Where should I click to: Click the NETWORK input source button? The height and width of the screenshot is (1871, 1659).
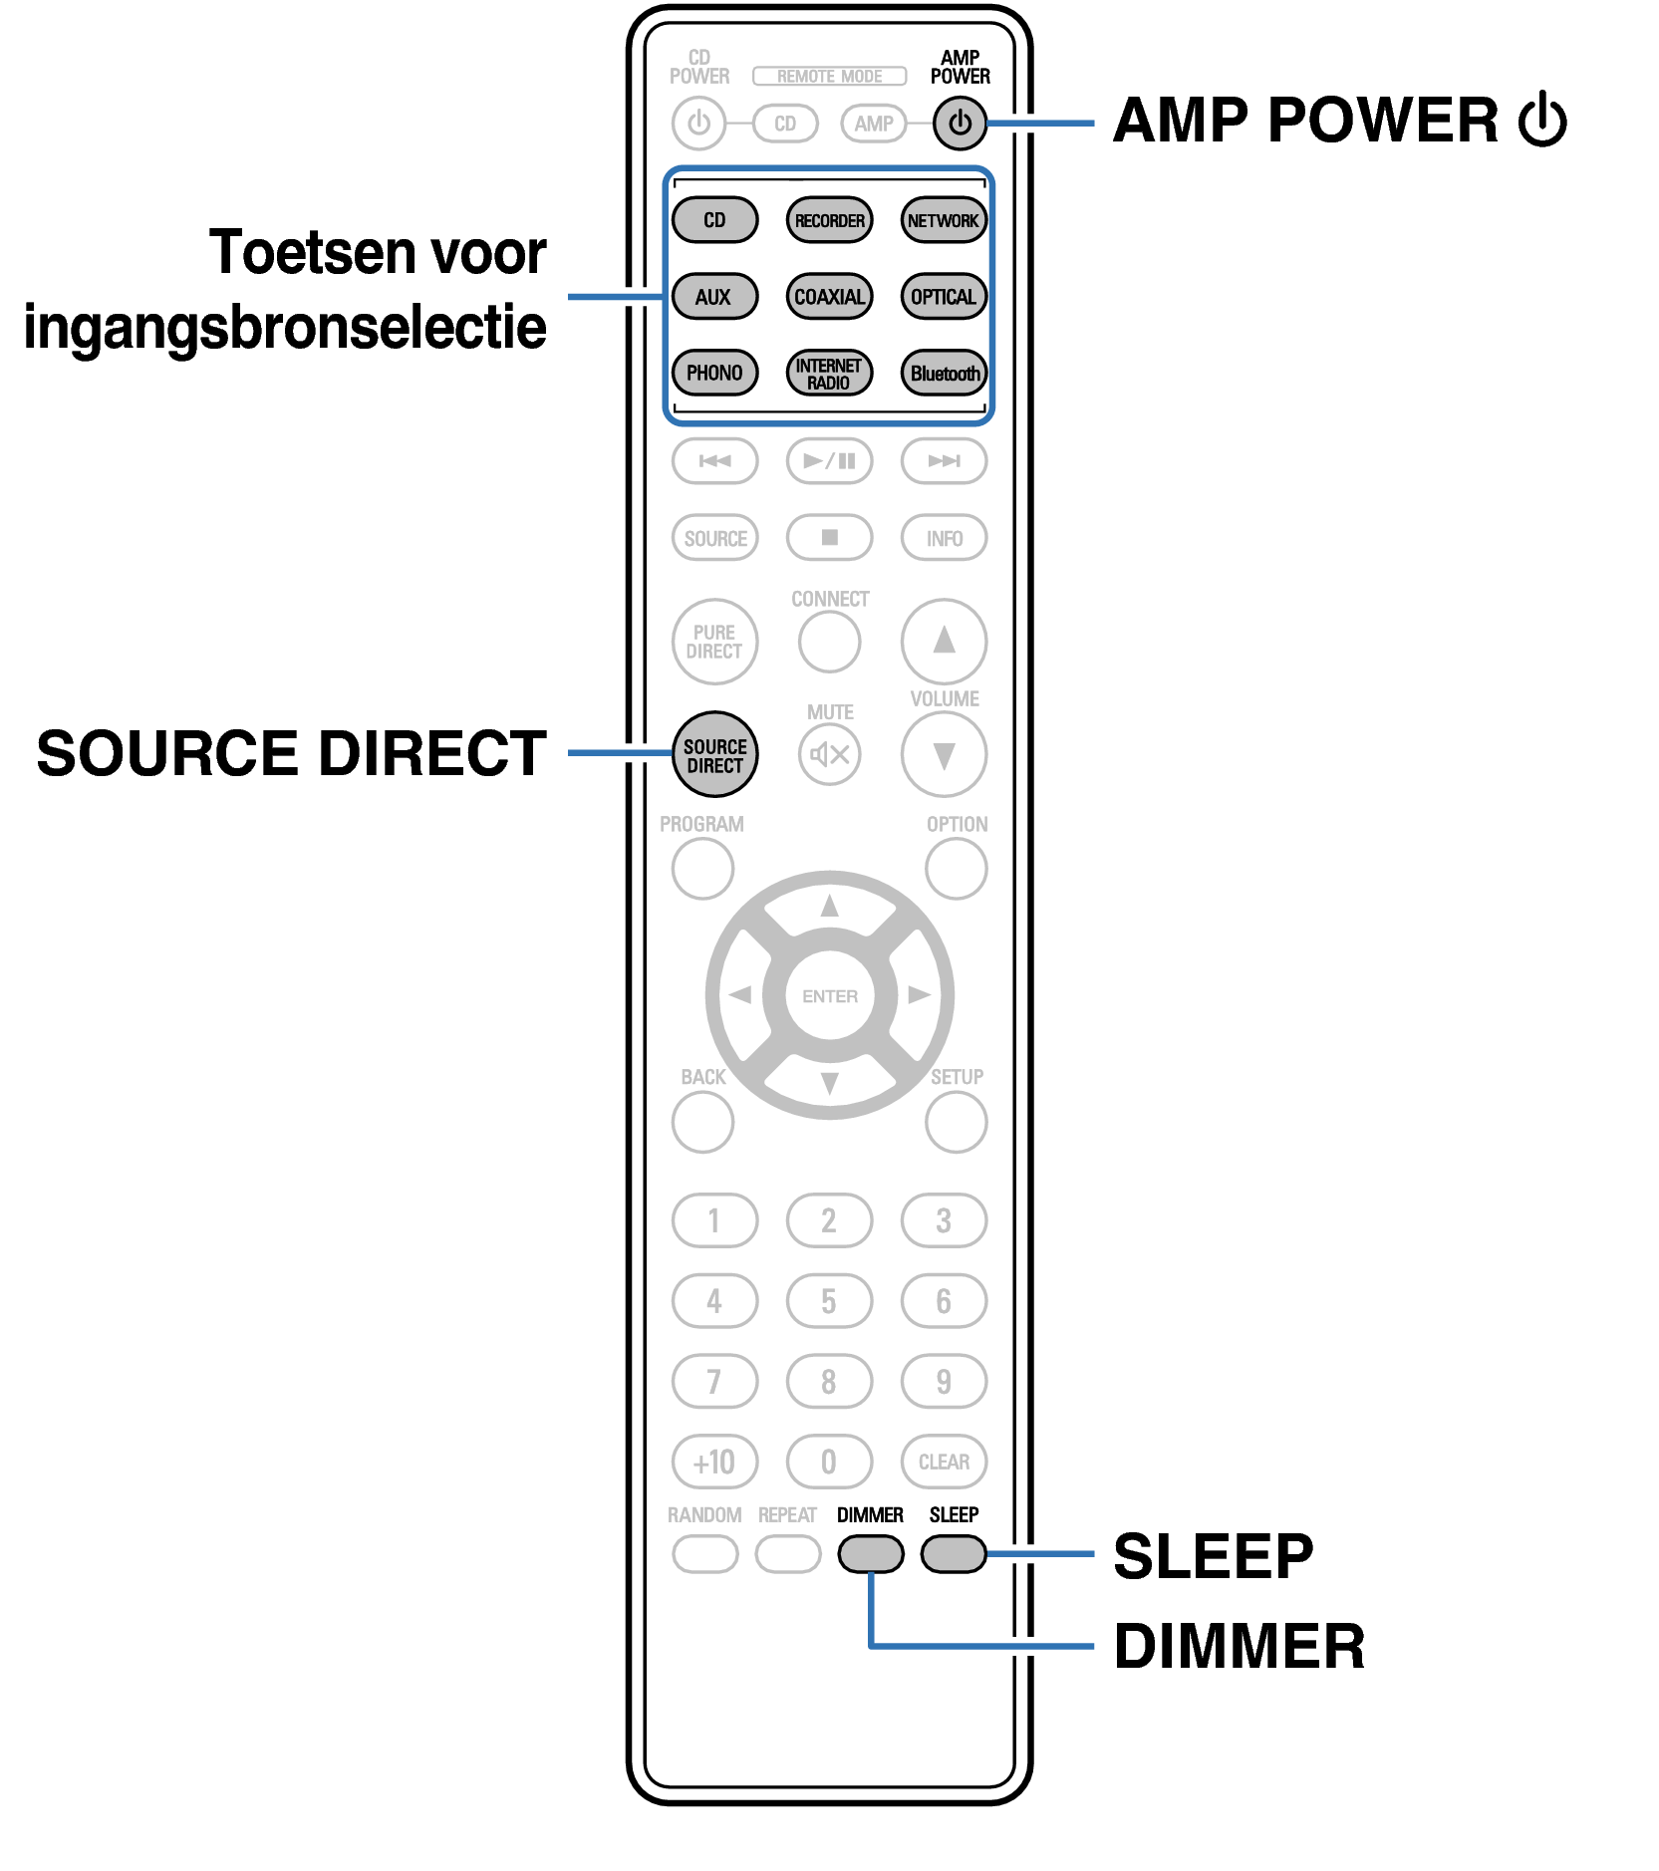(x=943, y=220)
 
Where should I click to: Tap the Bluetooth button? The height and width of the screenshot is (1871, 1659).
(x=943, y=374)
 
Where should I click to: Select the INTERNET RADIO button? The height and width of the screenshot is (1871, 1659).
(x=829, y=374)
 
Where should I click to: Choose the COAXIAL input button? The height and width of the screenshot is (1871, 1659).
(x=829, y=297)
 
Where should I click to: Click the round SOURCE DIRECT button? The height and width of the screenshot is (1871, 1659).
(x=714, y=755)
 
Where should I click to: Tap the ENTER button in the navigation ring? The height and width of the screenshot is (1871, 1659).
(x=829, y=995)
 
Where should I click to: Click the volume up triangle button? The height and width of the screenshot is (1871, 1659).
(x=944, y=641)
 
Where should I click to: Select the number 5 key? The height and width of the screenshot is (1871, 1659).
(x=829, y=1301)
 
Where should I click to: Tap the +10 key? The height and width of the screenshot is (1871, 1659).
(x=714, y=1462)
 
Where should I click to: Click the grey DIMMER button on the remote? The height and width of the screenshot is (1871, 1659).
(x=870, y=1553)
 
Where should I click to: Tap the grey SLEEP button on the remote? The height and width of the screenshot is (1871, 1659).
(x=954, y=1553)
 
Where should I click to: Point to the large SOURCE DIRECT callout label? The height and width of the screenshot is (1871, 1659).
(x=291, y=753)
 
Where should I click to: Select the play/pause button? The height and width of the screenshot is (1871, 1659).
(x=829, y=461)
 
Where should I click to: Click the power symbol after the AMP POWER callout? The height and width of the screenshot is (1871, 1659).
(x=1542, y=120)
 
